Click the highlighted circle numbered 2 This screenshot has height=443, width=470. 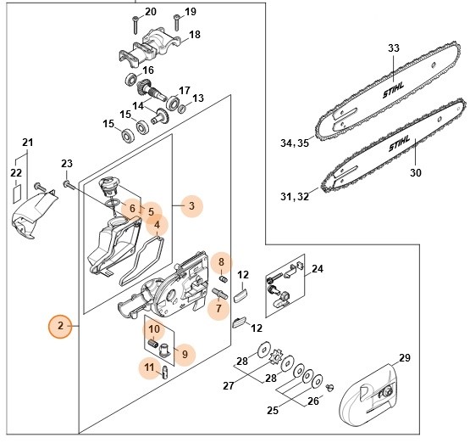[x=60, y=326]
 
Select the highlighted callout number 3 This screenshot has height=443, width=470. [x=191, y=205]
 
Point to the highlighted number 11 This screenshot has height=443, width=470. [x=148, y=367]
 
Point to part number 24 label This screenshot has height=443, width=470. [x=318, y=270]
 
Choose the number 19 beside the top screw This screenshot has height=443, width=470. [x=190, y=11]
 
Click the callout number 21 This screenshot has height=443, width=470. [x=26, y=142]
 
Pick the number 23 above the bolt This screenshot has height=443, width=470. [x=68, y=163]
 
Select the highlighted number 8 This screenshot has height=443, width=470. [x=220, y=262]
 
